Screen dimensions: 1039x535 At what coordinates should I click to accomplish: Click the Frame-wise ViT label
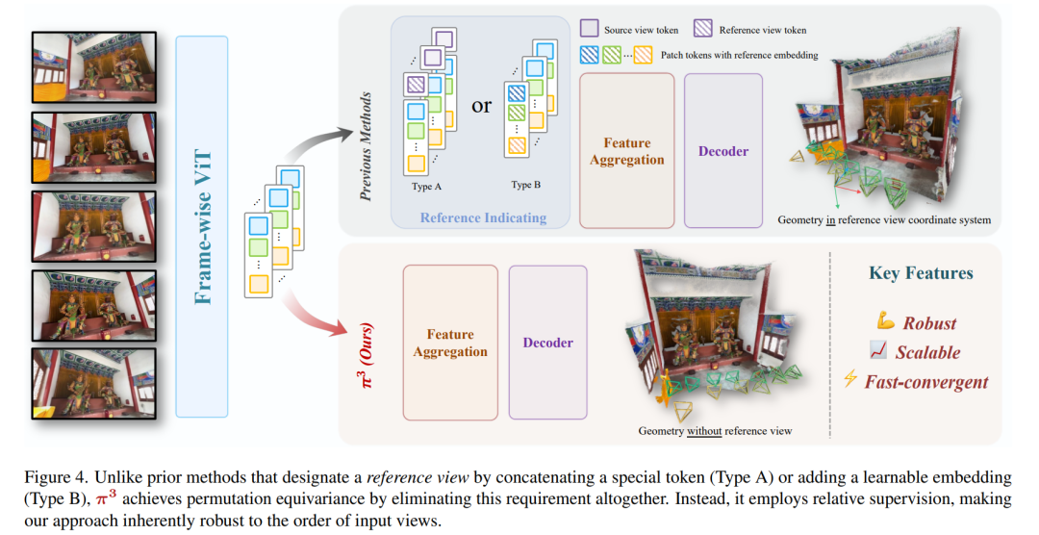point(203,227)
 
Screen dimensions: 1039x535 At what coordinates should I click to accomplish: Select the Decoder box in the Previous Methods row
point(722,150)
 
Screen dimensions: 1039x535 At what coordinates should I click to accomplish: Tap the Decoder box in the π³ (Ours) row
point(547,343)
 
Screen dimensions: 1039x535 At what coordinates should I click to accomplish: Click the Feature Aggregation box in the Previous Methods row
point(627,150)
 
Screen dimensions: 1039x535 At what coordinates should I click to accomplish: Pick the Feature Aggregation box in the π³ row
point(450,343)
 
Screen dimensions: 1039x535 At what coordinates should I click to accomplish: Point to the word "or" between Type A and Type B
point(482,105)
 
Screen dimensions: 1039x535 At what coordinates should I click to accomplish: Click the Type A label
point(426,187)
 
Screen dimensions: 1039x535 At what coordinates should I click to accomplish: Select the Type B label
point(525,185)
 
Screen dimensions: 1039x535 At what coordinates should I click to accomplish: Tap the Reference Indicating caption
point(483,217)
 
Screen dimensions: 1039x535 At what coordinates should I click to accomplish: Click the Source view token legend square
point(589,29)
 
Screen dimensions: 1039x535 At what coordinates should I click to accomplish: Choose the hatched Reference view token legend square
point(702,29)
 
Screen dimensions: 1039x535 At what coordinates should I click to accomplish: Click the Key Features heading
point(921,273)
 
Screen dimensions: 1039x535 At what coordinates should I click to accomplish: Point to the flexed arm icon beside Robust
point(885,321)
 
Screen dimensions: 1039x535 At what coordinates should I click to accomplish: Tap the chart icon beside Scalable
point(878,350)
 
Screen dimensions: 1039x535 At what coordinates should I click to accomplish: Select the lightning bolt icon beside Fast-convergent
point(849,378)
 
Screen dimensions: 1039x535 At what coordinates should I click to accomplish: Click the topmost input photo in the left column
point(94,67)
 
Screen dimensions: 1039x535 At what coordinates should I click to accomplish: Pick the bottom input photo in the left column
point(94,384)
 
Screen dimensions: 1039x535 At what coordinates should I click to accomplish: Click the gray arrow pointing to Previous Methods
point(319,145)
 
